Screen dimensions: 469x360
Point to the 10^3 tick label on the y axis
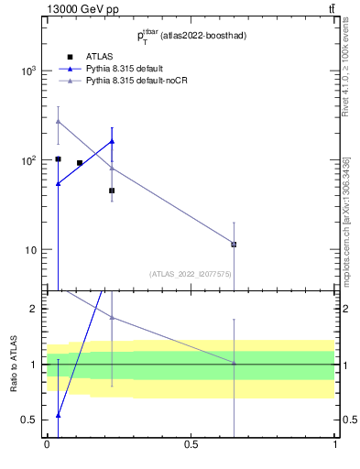pyautogui.click(x=28, y=71)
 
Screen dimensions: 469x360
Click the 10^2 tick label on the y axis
pyautogui.click(x=28, y=160)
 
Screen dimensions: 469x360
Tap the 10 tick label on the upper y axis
pyautogui.click(x=32, y=250)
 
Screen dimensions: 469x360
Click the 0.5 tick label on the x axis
pyautogui.click(x=191, y=443)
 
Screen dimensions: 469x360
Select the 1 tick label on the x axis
pyautogui.click(x=335, y=443)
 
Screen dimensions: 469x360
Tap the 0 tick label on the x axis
pyautogui.click(x=47, y=443)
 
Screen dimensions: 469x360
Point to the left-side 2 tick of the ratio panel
pyautogui.click(x=33, y=309)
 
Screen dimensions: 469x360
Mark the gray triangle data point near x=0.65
pyautogui.click(x=234, y=245)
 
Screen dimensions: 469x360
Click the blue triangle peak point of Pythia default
pyautogui.click(x=112, y=141)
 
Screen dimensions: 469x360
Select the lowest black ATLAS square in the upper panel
pyautogui.click(x=112, y=191)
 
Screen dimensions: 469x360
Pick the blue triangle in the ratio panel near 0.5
pyautogui.click(x=58, y=415)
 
